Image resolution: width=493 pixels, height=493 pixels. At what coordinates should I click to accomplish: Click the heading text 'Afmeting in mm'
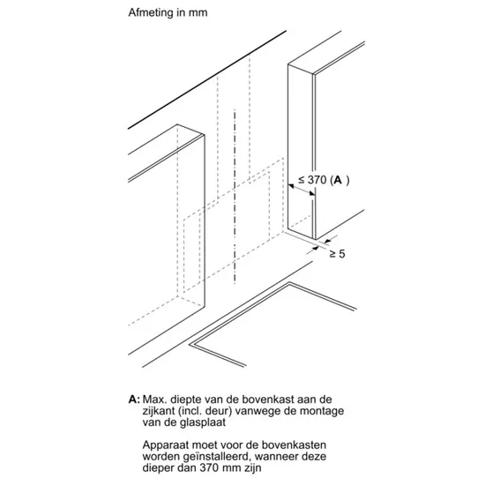click(168, 12)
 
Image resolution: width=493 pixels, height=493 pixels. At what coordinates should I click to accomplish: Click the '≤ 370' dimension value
click(312, 180)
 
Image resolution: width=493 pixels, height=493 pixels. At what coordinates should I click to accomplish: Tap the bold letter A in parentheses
click(338, 180)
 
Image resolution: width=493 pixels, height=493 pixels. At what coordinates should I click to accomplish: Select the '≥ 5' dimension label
click(338, 254)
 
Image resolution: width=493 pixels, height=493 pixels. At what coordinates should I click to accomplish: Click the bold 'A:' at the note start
click(134, 400)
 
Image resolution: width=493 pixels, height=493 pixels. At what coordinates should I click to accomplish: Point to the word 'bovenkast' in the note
click(267, 400)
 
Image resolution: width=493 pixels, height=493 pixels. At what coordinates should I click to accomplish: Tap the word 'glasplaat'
click(203, 422)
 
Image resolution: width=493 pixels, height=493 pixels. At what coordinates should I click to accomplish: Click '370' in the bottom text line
click(209, 467)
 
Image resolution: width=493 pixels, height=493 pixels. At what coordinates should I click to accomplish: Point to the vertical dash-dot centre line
click(235, 197)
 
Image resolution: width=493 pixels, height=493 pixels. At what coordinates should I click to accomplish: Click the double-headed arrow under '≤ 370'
click(302, 190)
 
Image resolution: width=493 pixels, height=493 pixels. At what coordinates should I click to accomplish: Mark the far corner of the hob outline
click(289, 283)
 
